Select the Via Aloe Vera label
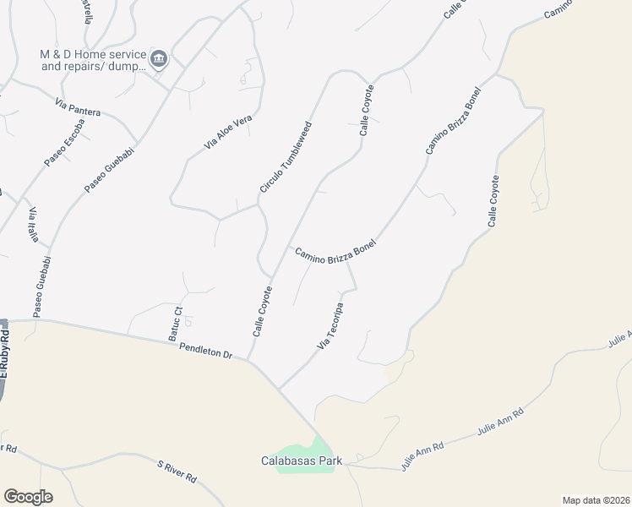click(x=228, y=133)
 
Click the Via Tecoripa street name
click(x=332, y=325)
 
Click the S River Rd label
click(x=177, y=471)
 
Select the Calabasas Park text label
click(x=300, y=461)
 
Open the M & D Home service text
click(x=93, y=59)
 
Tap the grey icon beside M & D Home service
click(x=160, y=59)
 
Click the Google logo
click(x=28, y=496)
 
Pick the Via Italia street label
click(x=34, y=225)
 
